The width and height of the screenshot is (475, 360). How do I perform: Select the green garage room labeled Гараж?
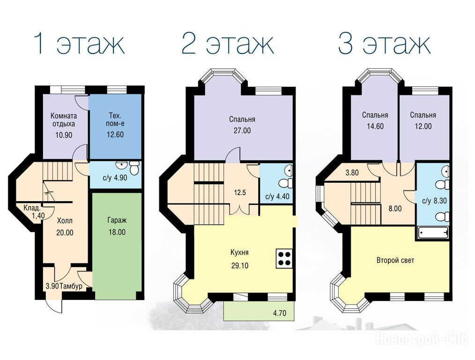pyautogui.click(x=117, y=242)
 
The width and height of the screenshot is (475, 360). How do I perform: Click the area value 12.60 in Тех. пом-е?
pyautogui.click(x=115, y=134)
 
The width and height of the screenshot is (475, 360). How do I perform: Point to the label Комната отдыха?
pyautogui.click(x=64, y=120)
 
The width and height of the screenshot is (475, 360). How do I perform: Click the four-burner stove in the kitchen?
pyautogui.click(x=284, y=258)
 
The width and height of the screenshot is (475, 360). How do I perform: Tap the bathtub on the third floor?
pyautogui.click(x=433, y=233)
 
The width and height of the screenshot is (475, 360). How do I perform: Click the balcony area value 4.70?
pyautogui.click(x=280, y=313)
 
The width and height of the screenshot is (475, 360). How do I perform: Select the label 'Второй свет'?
pyautogui.click(x=395, y=260)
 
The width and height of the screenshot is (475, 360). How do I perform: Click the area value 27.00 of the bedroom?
pyautogui.click(x=242, y=131)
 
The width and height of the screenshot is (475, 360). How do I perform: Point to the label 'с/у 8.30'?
pyautogui.click(x=434, y=201)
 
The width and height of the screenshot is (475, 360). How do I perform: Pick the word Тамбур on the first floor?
pyautogui.click(x=71, y=286)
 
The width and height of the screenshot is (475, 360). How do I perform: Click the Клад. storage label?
pyautogui.click(x=32, y=209)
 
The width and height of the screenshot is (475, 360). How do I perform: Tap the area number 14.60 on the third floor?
pyautogui.click(x=375, y=126)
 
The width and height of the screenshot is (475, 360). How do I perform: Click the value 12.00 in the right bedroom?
pyautogui.click(x=423, y=126)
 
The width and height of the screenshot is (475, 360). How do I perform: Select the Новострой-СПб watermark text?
pyautogui.click(x=422, y=338)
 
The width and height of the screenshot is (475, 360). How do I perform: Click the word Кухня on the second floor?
pyautogui.click(x=240, y=253)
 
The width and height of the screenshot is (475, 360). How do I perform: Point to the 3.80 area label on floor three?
pyautogui.click(x=352, y=172)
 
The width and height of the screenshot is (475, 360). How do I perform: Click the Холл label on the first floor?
pyautogui.click(x=65, y=220)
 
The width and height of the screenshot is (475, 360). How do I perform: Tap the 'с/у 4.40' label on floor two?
pyautogui.click(x=277, y=196)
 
